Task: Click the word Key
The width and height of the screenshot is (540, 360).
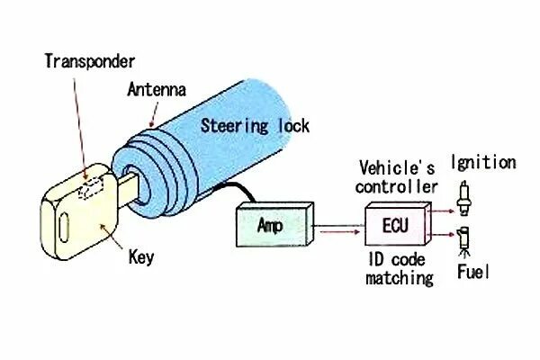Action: pyautogui.click(x=141, y=258)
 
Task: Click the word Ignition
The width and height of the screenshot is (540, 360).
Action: pyautogui.click(x=484, y=163)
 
